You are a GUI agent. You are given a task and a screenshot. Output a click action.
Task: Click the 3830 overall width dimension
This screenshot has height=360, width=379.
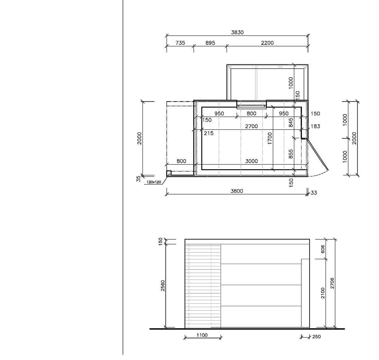pyautogui.click(x=237, y=33)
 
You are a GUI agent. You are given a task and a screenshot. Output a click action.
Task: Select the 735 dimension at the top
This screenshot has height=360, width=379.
pyautogui.click(x=180, y=43)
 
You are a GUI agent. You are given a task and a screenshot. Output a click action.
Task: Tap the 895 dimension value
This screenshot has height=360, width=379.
pyautogui.click(x=210, y=43)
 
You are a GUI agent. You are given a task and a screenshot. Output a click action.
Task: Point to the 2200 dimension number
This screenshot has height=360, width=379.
pyautogui.click(x=267, y=43)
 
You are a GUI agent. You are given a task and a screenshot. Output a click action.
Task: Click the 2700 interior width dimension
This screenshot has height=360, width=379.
pyautogui.click(x=251, y=126)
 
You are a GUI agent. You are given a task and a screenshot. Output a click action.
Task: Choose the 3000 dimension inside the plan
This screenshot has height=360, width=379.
pyautogui.click(x=251, y=161)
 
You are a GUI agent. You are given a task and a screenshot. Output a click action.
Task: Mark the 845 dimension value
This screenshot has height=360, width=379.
pyautogui.click(x=291, y=123)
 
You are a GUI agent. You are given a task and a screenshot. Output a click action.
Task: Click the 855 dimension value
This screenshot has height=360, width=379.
pyautogui.click(x=291, y=154)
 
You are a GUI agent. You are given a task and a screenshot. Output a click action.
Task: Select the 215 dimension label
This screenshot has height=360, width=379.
pyautogui.click(x=208, y=133)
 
